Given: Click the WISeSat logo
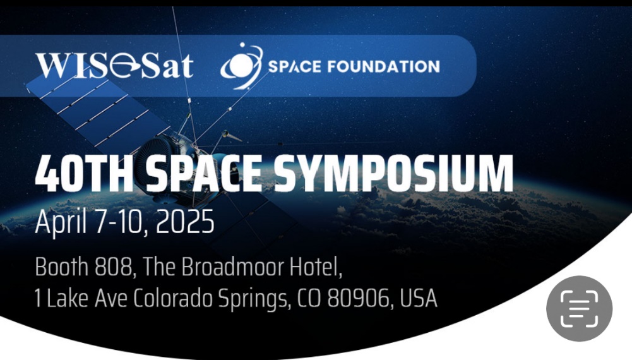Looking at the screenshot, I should tap(114, 66).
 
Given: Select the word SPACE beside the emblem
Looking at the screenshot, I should tap(295, 66).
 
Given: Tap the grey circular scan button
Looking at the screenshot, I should tap(579, 309).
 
